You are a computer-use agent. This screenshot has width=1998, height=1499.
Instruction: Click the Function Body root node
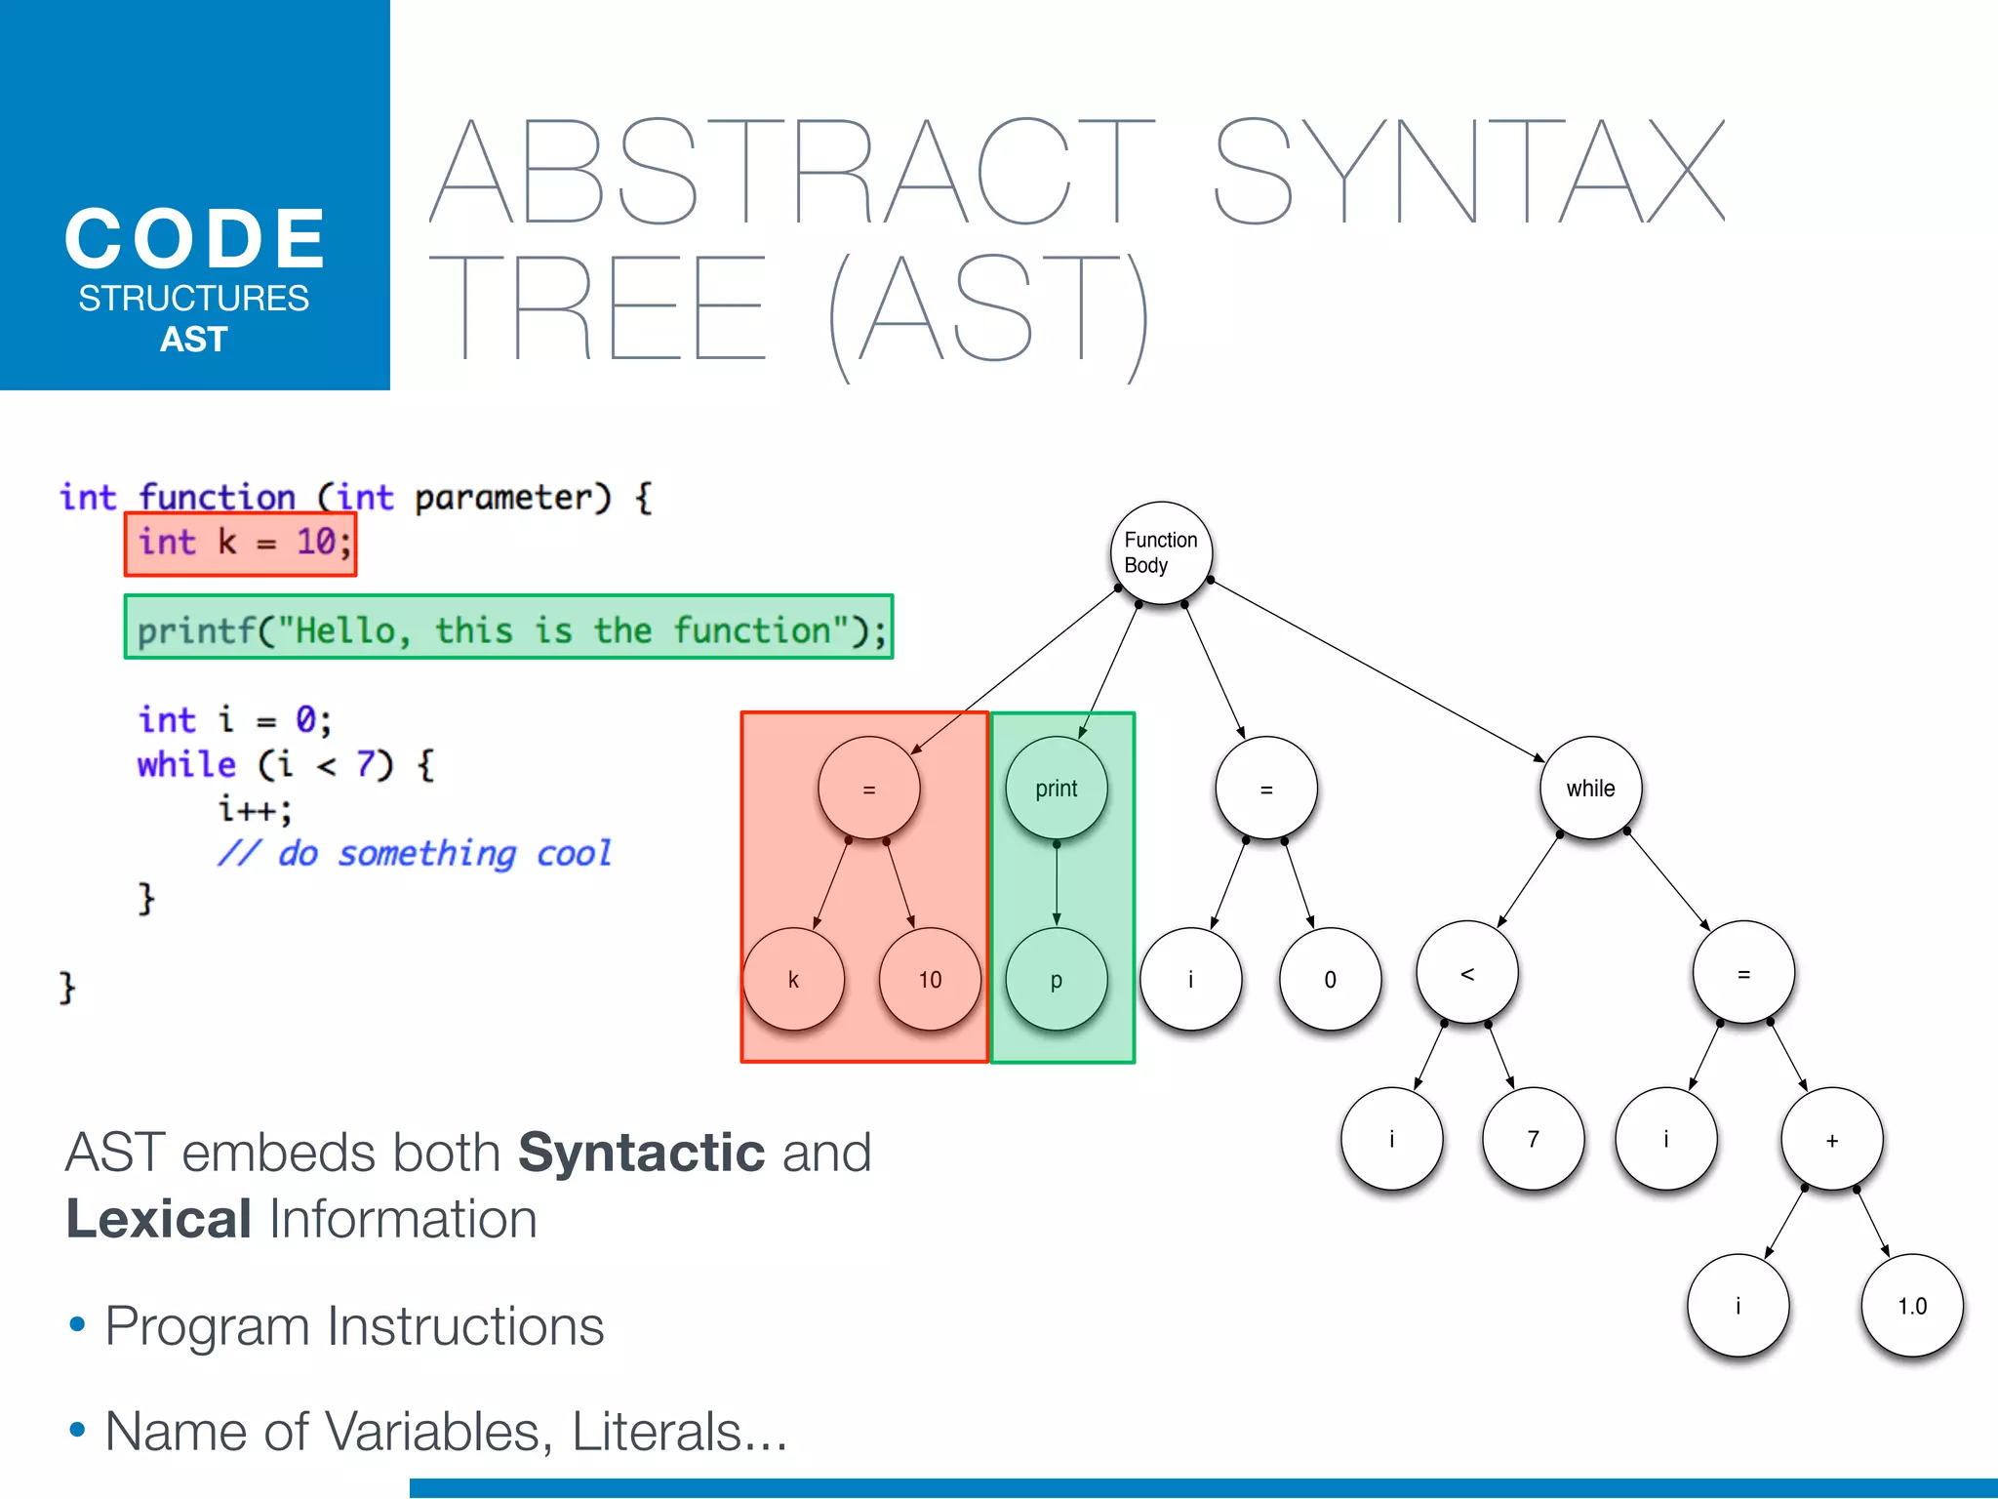pos(1161,553)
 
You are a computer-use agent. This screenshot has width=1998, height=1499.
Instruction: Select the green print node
pos(1057,789)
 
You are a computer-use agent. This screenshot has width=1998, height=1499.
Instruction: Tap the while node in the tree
pos(1590,789)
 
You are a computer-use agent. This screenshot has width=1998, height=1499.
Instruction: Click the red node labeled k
pos(793,980)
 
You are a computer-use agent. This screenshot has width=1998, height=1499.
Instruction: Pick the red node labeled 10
pos(930,980)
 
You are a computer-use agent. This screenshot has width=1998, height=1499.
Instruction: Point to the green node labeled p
pos(1057,980)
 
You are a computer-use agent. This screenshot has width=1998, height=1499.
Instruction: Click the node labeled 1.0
pos(1912,1306)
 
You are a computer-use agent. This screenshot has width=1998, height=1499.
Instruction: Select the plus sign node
pos(1832,1140)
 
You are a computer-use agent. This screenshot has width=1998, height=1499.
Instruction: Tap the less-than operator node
pos(1467,973)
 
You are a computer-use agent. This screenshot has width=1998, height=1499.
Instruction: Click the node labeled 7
pos(1533,1139)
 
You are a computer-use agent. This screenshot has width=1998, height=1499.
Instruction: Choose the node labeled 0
pos(1330,980)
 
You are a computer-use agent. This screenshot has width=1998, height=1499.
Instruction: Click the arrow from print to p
pos(1057,883)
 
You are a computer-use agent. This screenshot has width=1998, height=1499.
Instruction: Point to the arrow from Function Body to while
pos(1376,669)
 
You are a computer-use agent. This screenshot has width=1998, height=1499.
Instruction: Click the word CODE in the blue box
pos(195,239)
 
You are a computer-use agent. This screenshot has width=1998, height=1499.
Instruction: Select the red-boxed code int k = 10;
pos(241,544)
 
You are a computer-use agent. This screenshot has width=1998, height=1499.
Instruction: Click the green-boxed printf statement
pos(509,628)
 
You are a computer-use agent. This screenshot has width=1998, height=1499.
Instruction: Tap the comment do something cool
pos(415,854)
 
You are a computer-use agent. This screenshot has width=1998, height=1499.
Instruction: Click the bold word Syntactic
pos(641,1153)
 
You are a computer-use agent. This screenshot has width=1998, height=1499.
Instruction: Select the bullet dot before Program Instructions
pos(77,1325)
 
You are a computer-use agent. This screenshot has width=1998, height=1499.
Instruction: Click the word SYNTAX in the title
pos(1468,173)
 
